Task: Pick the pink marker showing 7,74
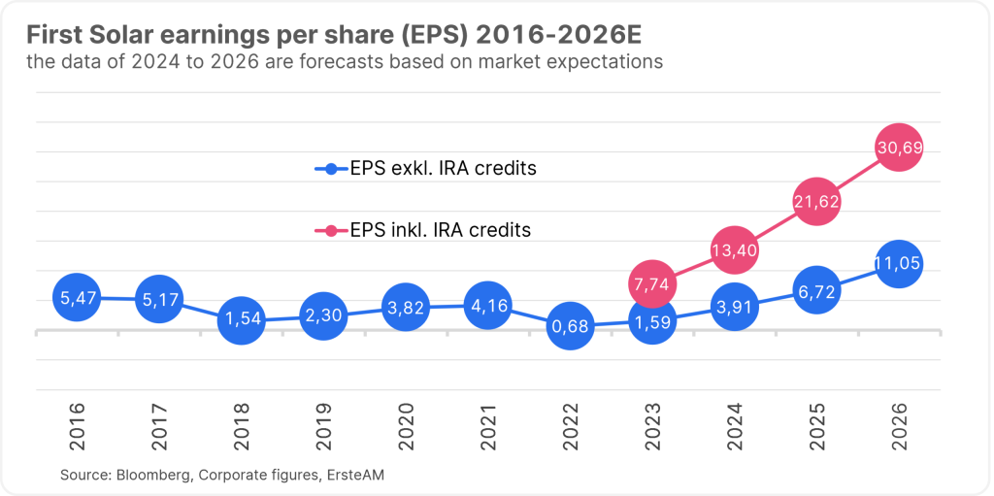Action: [652, 284]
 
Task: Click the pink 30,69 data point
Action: [899, 149]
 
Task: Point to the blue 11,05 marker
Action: [899, 264]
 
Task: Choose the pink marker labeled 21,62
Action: [816, 203]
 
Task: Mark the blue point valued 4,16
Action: [487, 306]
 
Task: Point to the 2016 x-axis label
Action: [77, 426]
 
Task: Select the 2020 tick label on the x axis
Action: [406, 426]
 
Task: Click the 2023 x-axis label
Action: [653, 426]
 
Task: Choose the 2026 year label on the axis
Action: [900, 426]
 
